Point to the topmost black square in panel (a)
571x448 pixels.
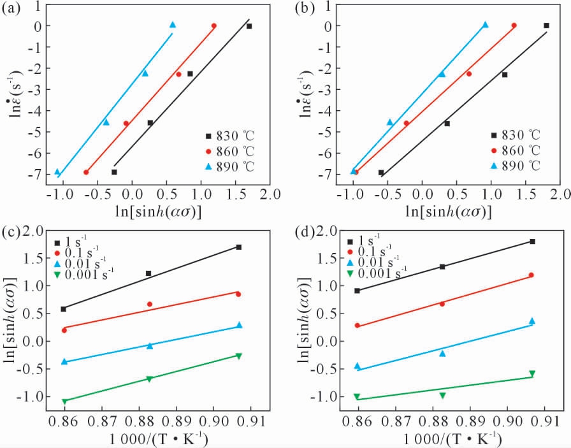pyautogui.click(x=249, y=26)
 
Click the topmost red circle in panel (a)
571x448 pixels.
pyautogui.click(x=213, y=26)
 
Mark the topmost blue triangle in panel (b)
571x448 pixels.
pyautogui.click(x=485, y=25)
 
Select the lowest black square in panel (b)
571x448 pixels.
pyautogui.click(x=381, y=173)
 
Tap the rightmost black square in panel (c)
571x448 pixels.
pyautogui.click(x=239, y=247)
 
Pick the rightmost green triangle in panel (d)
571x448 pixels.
pyautogui.click(x=532, y=374)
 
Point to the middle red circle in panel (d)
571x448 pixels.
pyautogui.click(x=442, y=304)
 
